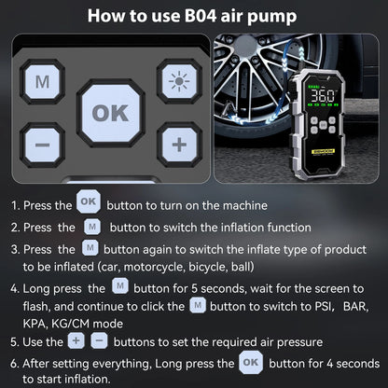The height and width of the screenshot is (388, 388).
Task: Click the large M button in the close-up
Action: pyautogui.click(x=42, y=83)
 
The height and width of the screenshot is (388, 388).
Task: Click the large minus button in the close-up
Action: pyautogui.click(x=42, y=145)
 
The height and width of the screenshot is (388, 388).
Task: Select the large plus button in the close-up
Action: pyautogui.click(x=178, y=144)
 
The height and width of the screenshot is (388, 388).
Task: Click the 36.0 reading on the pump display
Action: pyautogui.click(x=323, y=95)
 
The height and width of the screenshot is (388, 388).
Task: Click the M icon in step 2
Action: pyautogui.click(x=90, y=226)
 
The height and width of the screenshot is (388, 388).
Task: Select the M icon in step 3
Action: pyautogui.click(x=90, y=248)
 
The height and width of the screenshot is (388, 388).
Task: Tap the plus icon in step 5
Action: pyautogui.click(x=76, y=341)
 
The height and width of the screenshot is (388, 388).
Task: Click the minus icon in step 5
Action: pyautogui.click(x=100, y=341)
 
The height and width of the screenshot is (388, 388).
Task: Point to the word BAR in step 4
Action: pyautogui.click(x=354, y=305)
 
